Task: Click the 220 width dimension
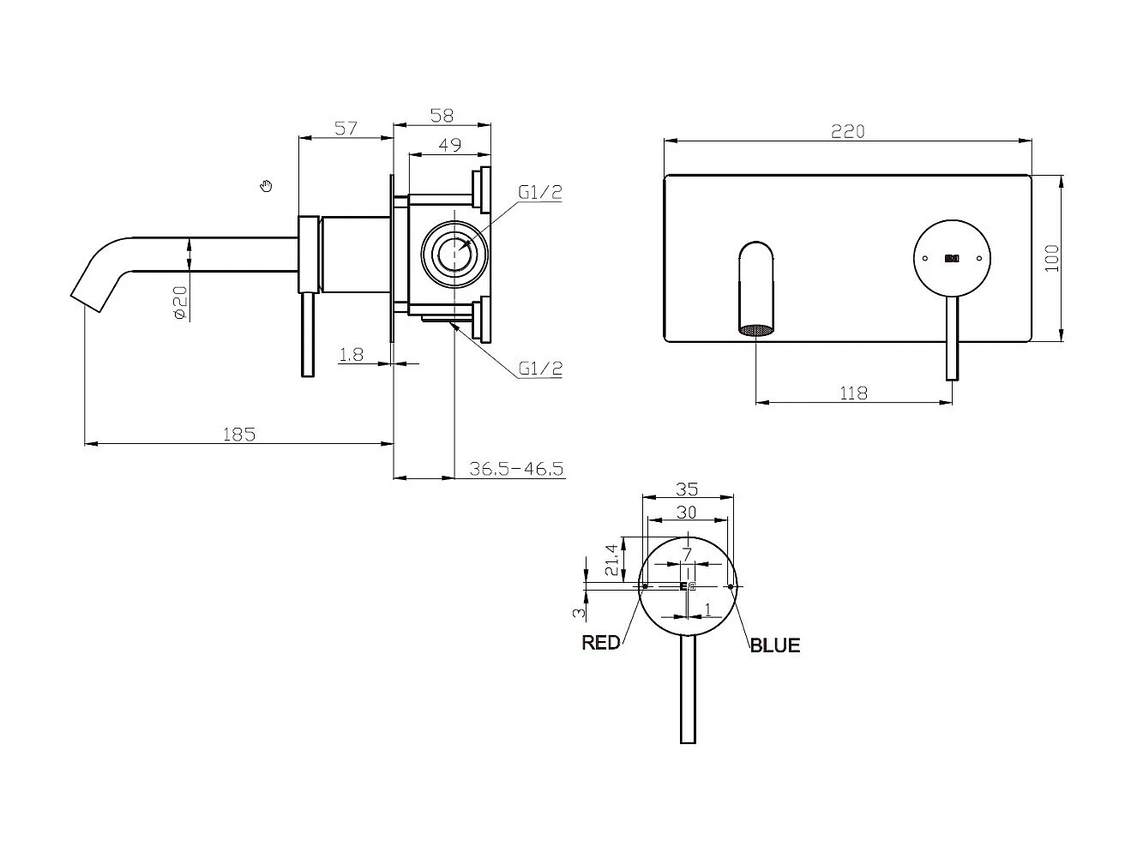pyautogui.click(x=847, y=131)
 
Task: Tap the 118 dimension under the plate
pyautogui.click(x=853, y=393)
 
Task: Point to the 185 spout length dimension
pyautogui.click(x=239, y=434)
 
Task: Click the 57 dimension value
pyautogui.click(x=345, y=128)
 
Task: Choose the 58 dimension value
pyautogui.click(x=442, y=115)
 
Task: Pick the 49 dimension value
pyautogui.click(x=449, y=145)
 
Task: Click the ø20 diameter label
pyautogui.click(x=180, y=303)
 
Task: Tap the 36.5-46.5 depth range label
pyautogui.click(x=516, y=468)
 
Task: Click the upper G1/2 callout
pyautogui.click(x=540, y=192)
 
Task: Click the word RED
pyautogui.click(x=600, y=642)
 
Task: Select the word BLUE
pyautogui.click(x=775, y=645)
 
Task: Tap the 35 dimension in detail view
pyautogui.click(x=687, y=489)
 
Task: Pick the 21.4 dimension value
pyautogui.click(x=611, y=559)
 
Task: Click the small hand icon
pyautogui.click(x=267, y=185)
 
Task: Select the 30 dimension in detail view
pyautogui.click(x=686, y=512)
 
